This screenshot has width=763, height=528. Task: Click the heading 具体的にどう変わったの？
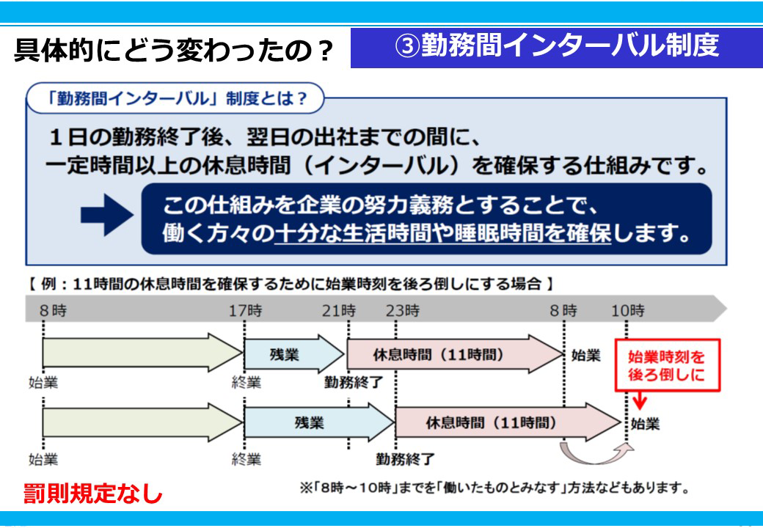tap(174, 51)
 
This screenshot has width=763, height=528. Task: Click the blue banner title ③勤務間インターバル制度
tap(557, 46)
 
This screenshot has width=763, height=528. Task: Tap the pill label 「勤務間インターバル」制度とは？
tap(175, 99)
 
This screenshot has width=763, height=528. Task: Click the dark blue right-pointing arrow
tap(107, 215)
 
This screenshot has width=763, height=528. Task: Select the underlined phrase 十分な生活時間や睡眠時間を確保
tap(442, 233)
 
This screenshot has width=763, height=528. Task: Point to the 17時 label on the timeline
tap(245, 311)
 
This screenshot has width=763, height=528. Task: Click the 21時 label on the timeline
tap(339, 311)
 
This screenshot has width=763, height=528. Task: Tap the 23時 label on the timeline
tap(403, 311)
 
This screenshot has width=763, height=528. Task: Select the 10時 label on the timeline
tap(628, 311)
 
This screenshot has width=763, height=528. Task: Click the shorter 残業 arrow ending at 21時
tap(294, 354)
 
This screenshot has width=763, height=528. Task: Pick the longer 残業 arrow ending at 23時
tap(319, 422)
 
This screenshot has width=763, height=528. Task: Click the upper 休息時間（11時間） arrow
tap(454, 354)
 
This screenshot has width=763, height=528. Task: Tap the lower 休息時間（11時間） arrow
tap(508, 422)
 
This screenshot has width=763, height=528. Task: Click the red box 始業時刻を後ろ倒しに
tap(667, 366)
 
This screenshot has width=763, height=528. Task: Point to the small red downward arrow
tap(640, 400)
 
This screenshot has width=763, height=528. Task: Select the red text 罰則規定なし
tap(92, 494)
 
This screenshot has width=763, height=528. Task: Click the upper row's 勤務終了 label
tap(354, 383)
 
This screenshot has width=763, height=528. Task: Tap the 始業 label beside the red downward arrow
tap(645, 424)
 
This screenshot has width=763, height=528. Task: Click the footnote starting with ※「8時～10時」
tap(494, 488)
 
